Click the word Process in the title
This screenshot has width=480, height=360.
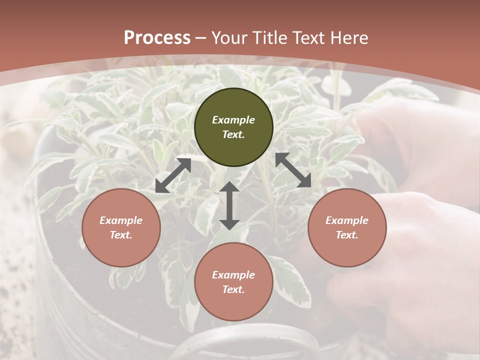click(157, 38)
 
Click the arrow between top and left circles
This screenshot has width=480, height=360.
click(173, 175)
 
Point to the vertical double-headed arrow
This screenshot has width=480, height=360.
click(229, 205)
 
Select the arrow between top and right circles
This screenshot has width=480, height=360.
click(293, 170)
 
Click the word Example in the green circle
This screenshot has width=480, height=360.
click(233, 120)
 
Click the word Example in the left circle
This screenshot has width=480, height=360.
click(121, 220)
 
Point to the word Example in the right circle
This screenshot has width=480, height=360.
click(347, 220)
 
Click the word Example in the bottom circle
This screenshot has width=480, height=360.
click(233, 275)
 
